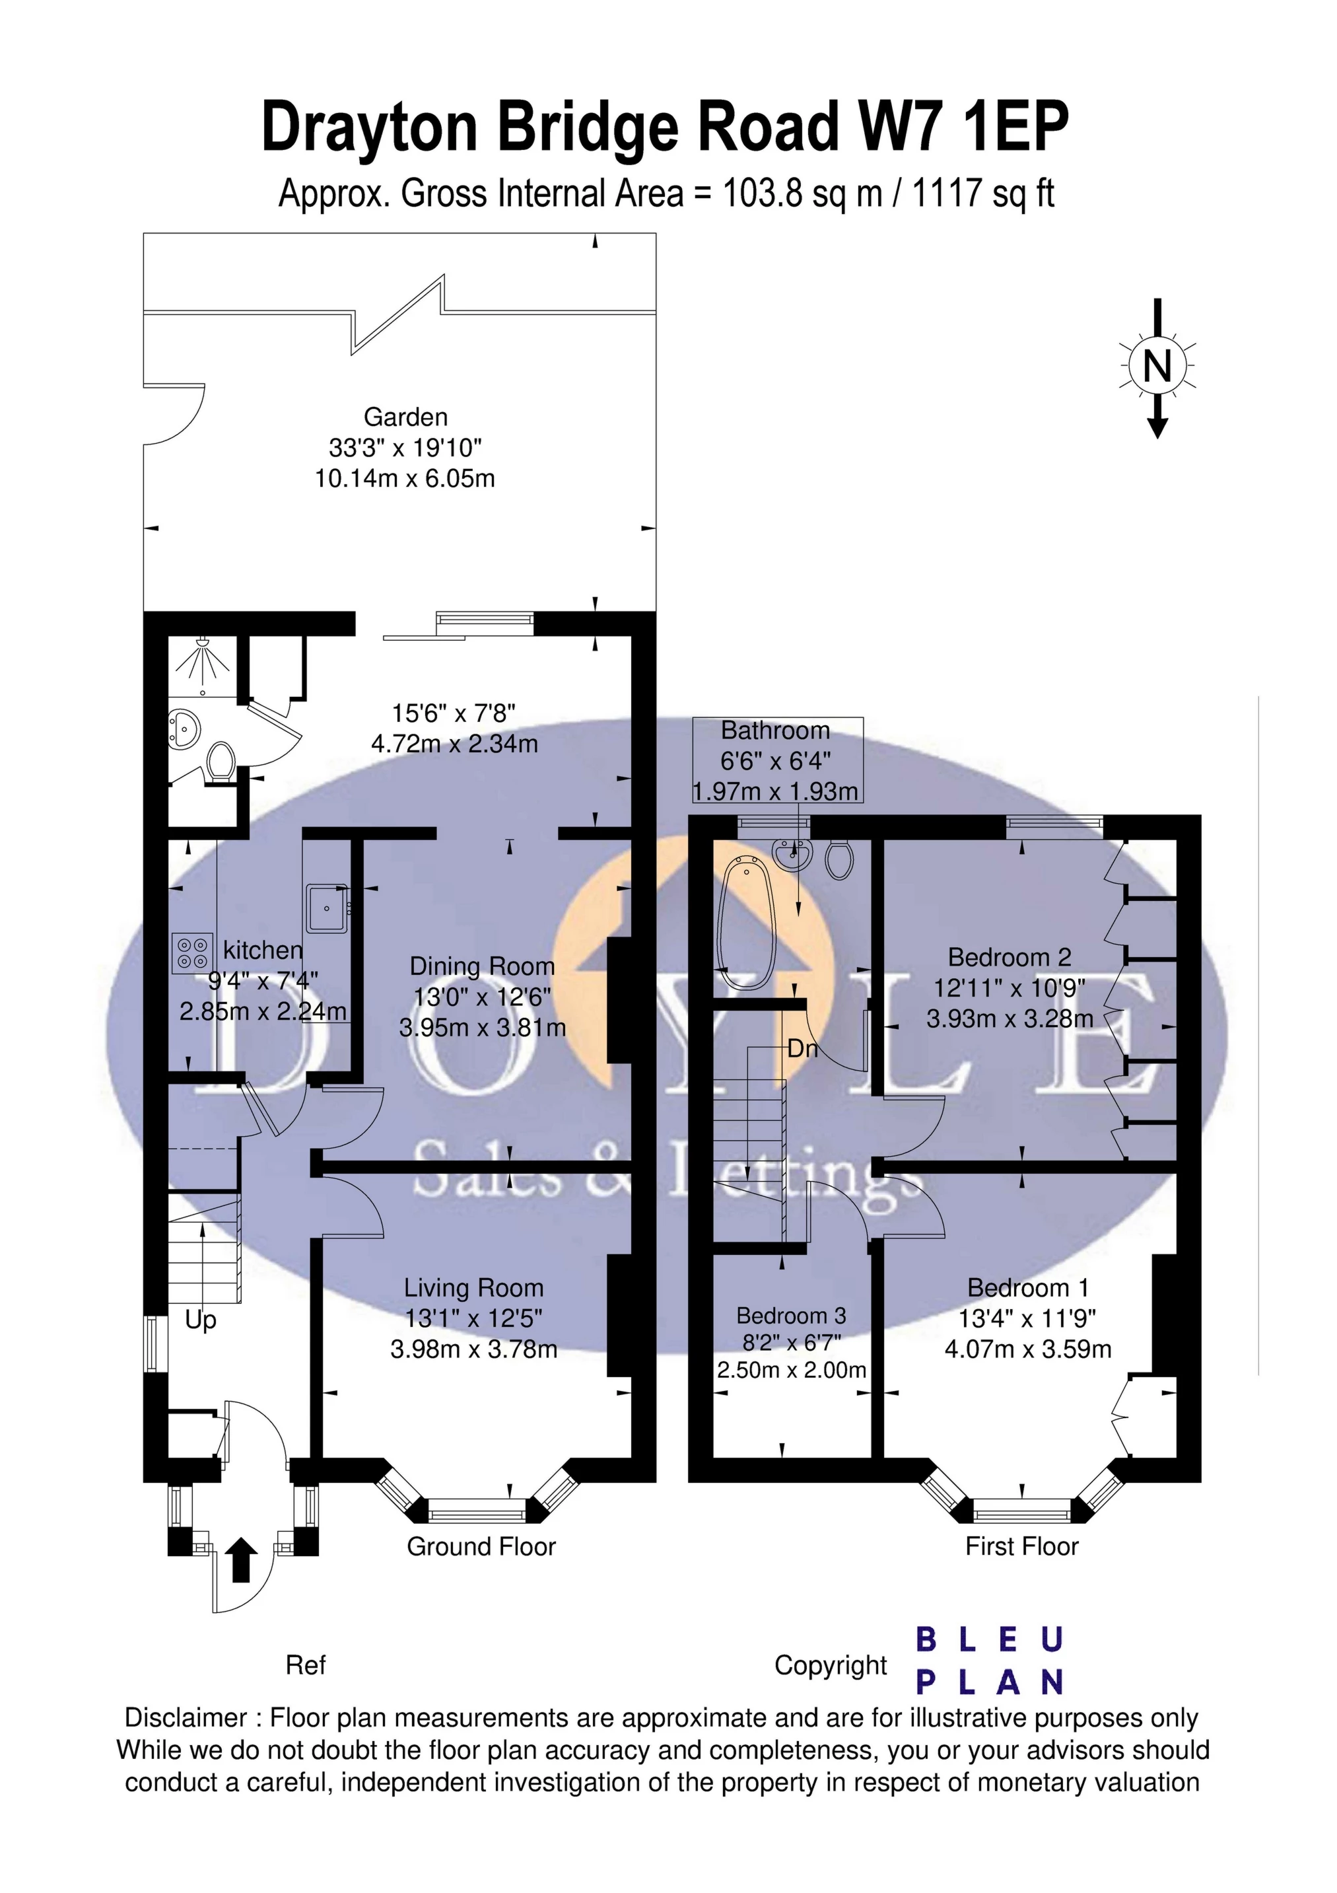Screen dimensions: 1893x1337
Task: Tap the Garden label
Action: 405,417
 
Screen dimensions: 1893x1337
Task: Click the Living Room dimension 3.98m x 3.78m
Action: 473,1349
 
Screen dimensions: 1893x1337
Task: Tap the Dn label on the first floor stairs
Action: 802,1050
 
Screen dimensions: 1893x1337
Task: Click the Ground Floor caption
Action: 481,1547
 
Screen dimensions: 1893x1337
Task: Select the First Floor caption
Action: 1021,1547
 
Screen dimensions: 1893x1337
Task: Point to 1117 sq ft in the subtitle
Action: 982,194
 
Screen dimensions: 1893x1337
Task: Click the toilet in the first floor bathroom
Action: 839,859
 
